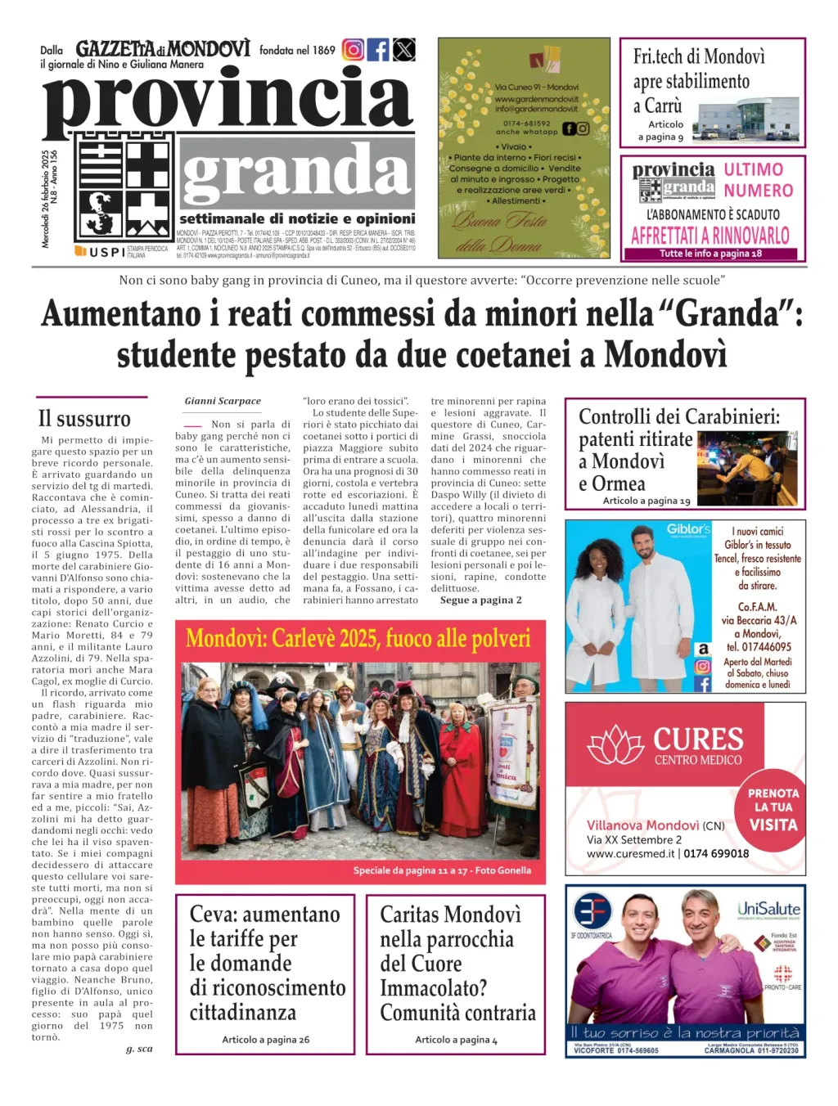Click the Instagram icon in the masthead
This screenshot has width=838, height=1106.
(353, 50)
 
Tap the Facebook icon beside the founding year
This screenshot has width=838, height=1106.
(378, 50)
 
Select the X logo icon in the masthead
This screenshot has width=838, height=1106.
(403, 50)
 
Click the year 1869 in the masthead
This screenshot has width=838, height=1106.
(323, 51)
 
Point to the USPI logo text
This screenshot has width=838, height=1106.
(106, 252)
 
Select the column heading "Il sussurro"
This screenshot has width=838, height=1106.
(84, 419)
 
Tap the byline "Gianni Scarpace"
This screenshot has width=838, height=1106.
(223, 401)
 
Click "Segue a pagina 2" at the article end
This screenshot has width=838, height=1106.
(480, 600)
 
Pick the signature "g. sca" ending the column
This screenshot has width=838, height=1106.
(139, 1048)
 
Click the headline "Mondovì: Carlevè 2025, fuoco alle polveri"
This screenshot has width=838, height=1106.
(358, 638)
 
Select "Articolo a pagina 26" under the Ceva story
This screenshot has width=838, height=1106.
(265, 1039)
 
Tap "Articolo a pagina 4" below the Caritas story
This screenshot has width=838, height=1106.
(456, 1039)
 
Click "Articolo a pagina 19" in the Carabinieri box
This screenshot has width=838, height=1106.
(647, 500)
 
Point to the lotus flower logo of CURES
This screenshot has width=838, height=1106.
(617, 745)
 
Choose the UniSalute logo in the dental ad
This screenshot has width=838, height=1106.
(768, 909)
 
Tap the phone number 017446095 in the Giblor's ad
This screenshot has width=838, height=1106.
(759, 646)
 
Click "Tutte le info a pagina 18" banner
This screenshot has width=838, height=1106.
(710, 254)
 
